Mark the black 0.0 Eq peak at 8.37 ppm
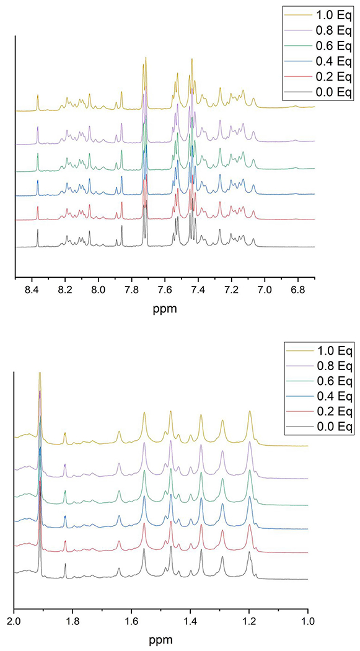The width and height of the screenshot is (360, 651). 38,231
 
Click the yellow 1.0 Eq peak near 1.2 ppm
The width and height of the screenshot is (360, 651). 250,412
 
